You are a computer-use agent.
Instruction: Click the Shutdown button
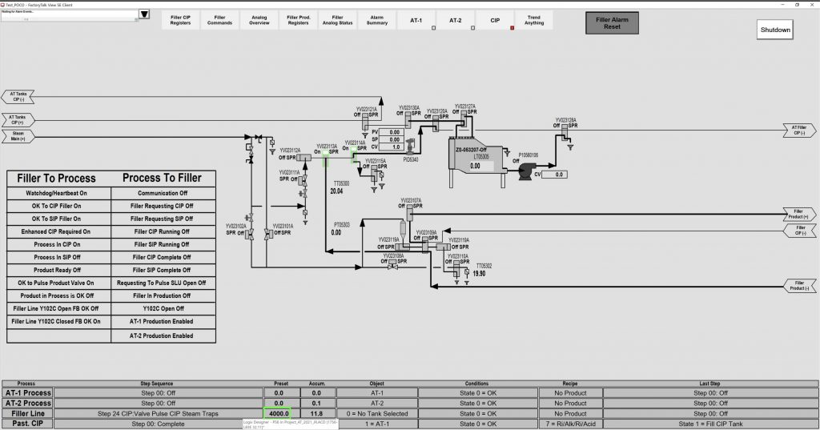point(775,30)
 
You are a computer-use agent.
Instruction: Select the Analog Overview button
point(259,19)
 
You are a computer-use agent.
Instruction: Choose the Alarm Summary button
point(377,19)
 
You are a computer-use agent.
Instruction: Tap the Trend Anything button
point(534,19)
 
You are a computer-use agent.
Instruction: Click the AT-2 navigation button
point(455,19)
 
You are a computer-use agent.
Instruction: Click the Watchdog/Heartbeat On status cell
point(59,192)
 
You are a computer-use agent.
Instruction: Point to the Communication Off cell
point(163,192)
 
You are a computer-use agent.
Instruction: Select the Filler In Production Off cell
point(163,295)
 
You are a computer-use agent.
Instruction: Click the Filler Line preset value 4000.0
point(279,413)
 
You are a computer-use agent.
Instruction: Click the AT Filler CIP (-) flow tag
point(799,130)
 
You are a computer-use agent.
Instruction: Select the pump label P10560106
point(529,155)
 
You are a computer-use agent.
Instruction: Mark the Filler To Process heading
point(56,178)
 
